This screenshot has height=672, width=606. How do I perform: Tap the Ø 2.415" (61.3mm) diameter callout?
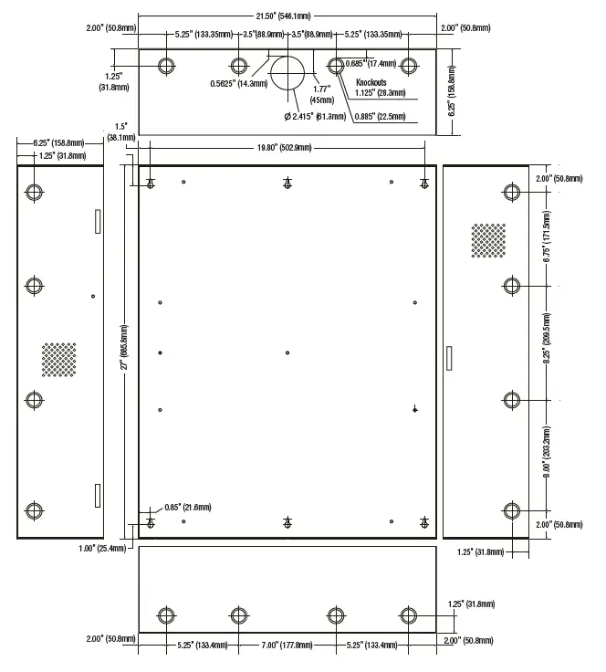point(315,116)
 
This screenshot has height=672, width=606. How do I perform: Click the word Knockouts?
point(372,82)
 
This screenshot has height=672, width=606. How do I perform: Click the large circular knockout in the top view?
point(288,71)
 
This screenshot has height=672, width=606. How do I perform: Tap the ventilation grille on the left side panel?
point(59,360)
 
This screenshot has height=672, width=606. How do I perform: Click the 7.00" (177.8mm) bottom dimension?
point(287,645)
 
